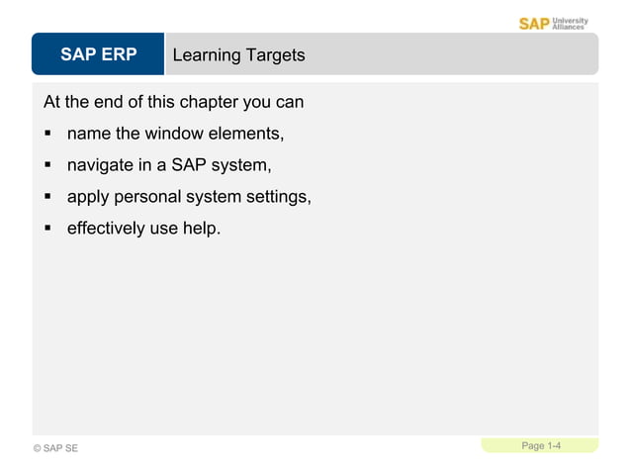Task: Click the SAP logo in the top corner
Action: coord(534,23)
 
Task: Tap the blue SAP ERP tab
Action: coord(98,54)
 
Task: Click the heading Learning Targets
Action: coord(238,55)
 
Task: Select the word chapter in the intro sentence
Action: coord(210,102)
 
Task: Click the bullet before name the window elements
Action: coord(46,134)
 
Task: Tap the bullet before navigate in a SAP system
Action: coord(46,165)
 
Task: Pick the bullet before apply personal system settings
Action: coord(46,197)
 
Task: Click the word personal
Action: coord(148,197)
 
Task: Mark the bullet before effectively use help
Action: coord(46,229)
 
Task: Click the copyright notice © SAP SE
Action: coord(55,449)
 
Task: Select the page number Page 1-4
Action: coord(541,446)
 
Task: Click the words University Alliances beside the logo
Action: coord(570,23)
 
